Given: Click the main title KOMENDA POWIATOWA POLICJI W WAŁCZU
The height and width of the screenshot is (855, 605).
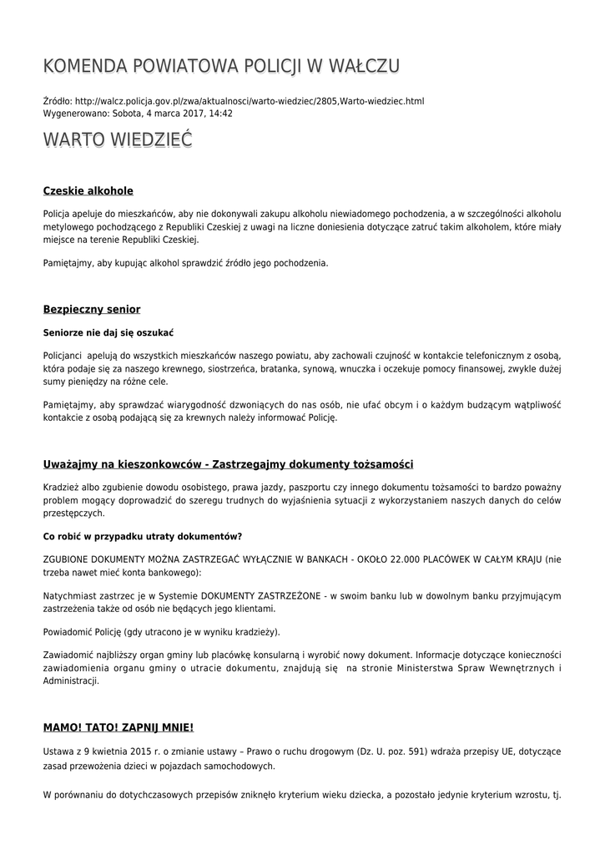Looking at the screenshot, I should pyautogui.click(x=221, y=66).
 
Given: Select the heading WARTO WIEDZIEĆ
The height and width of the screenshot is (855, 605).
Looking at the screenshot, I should pyautogui.click(x=118, y=139).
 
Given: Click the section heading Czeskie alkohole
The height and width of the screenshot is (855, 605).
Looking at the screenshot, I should pyautogui.click(x=88, y=191).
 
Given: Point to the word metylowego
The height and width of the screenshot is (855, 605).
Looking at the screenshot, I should pyautogui.click(x=68, y=226).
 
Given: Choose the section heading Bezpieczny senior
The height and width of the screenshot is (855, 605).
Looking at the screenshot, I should pyautogui.click(x=92, y=310).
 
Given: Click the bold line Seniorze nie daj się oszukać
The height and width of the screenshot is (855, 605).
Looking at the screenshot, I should pyautogui.click(x=108, y=332).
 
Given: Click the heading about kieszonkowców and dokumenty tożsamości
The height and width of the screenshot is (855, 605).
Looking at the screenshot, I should pyautogui.click(x=228, y=464).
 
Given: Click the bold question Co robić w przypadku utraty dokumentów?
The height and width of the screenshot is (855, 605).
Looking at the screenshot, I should pyautogui.click(x=143, y=535).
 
